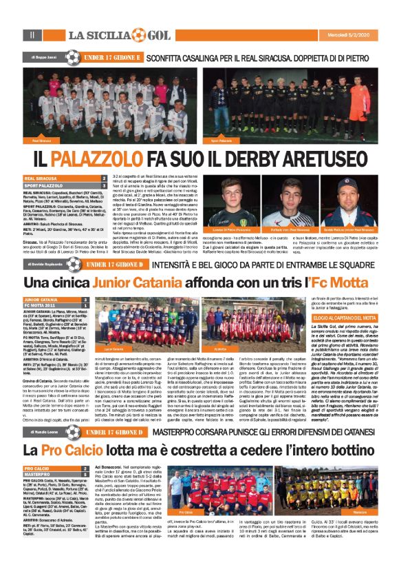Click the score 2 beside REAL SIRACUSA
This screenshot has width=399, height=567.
click(x=103, y=178)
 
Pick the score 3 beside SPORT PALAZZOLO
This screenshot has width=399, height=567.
click(x=103, y=185)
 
